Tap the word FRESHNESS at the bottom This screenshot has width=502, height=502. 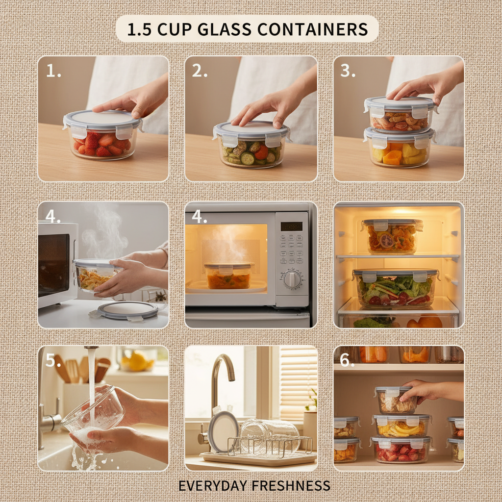[x=291, y=486]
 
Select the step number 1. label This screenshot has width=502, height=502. [x=53, y=72]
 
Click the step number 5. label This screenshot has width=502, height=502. [x=53, y=360]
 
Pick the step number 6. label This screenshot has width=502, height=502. [x=347, y=360]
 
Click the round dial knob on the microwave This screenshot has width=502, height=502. [x=292, y=279]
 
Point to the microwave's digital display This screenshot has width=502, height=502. [x=291, y=226]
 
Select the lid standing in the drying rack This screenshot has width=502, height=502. [x=223, y=431]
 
